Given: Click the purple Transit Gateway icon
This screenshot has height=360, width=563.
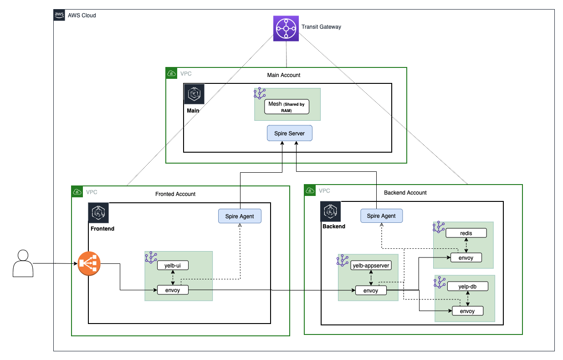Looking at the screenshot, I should coord(286,28).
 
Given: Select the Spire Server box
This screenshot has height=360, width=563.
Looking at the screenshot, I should coord(289,134).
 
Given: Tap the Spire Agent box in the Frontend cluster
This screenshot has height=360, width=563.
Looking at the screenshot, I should coord(240,216).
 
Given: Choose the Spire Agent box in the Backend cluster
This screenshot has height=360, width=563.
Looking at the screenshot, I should coord(381,216).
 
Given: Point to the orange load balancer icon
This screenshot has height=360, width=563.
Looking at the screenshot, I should coord(89,263).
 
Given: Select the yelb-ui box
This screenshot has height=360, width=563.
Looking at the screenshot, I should coord(173,265).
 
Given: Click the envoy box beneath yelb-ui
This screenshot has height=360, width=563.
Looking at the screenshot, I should coord(173,290).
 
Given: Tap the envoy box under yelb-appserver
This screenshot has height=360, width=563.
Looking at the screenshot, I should coord(371,291).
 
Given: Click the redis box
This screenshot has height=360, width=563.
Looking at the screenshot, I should coord(466,233).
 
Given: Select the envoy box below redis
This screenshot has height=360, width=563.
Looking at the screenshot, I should coord(466,258).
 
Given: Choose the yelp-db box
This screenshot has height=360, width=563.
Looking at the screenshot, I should coord(467,287).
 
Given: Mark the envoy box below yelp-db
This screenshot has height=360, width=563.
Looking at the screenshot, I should coord(467,311).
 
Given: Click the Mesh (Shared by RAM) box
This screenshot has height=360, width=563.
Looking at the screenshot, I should coord(287,107).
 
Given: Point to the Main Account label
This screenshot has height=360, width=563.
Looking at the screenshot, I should coord(283,75).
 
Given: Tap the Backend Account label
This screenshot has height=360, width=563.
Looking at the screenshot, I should coord(405,193).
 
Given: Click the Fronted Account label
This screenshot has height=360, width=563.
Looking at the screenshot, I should coord(175,194).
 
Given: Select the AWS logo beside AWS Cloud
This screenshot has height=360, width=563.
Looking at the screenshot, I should coord(59,15).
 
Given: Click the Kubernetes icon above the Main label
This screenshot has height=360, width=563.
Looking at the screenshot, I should coord(194,94).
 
